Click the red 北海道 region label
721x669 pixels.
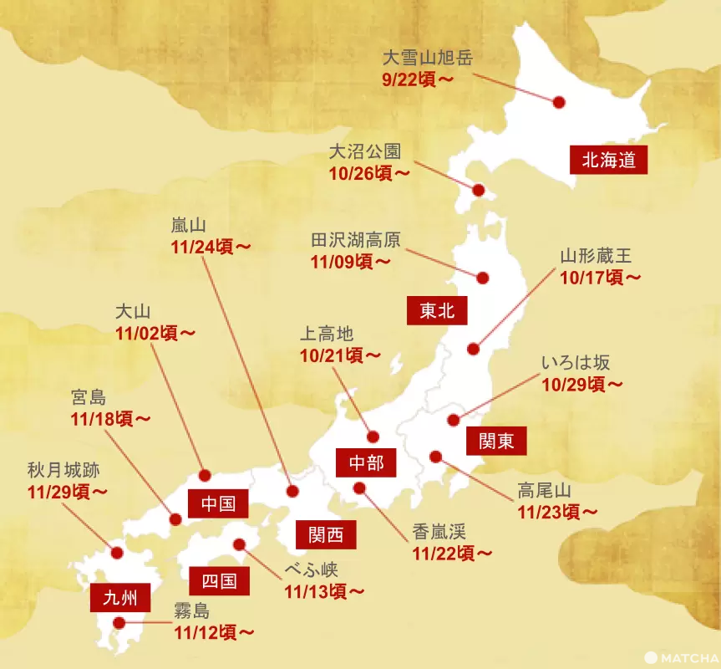[x=609, y=160]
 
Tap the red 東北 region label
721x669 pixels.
[x=437, y=311]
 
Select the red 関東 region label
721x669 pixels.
[x=496, y=441]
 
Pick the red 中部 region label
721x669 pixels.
[x=366, y=462]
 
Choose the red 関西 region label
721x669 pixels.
[x=326, y=534]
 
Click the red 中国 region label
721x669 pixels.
[x=218, y=503]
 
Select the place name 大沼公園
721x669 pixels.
[x=365, y=152]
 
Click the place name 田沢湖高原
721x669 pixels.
[x=356, y=240]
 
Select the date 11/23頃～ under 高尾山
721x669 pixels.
[x=556, y=511]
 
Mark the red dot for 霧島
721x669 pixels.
[x=119, y=622]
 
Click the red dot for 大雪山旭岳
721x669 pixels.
[x=559, y=102]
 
